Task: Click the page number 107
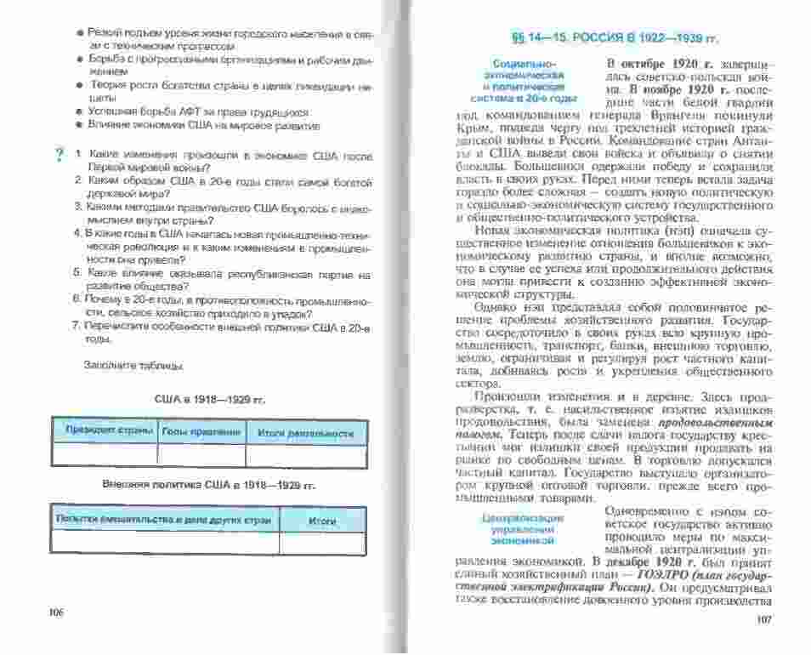pos(762,618)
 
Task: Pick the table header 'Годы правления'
pos(202,431)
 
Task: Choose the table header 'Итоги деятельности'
pos(305,434)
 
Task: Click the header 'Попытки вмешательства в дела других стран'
pos(164,518)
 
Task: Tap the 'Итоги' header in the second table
pos(322,520)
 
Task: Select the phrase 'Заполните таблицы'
pos(133,366)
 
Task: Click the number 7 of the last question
pos(76,327)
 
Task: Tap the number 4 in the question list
pos(76,231)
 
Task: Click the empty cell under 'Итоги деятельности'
pos(305,454)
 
